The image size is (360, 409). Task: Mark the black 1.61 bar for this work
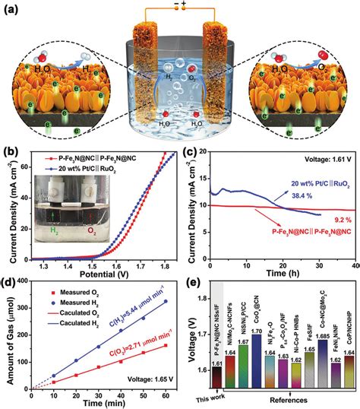217,357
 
